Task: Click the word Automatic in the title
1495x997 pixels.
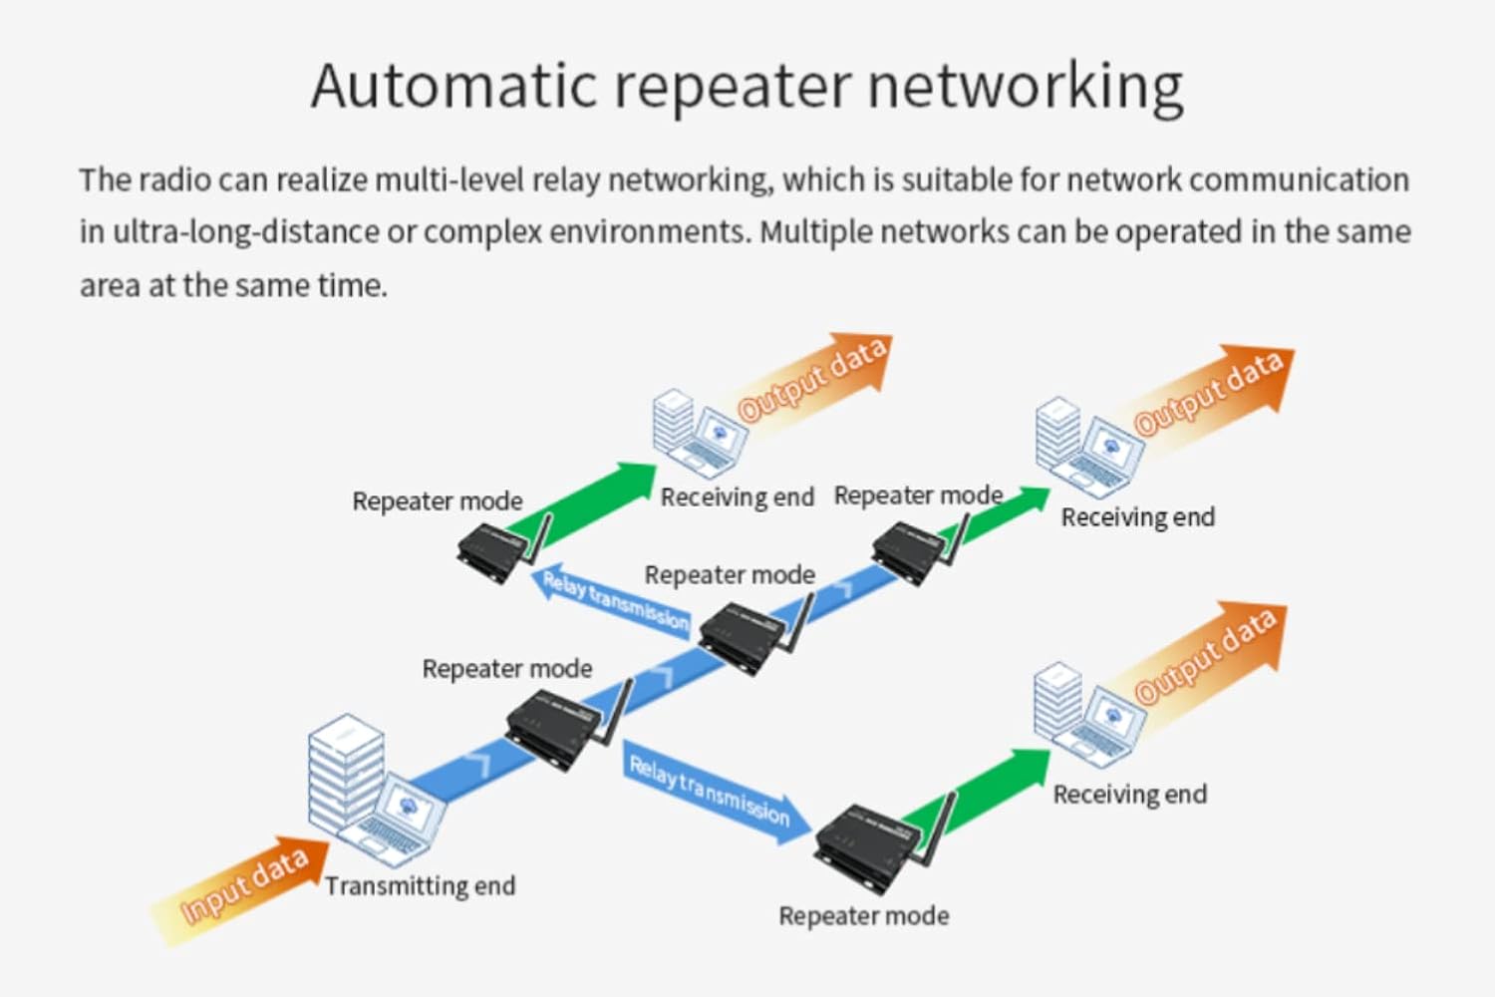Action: (453, 86)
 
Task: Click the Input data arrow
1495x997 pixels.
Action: (240, 891)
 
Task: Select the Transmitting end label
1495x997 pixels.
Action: (421, 886)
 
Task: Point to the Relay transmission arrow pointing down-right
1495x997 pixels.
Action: (717, 792)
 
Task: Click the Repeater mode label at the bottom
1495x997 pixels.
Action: (864, 915)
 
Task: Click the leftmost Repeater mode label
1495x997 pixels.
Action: (438, 500)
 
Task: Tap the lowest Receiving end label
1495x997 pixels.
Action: (1130, 794)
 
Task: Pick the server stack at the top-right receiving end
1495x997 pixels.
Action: (1057, 434)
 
